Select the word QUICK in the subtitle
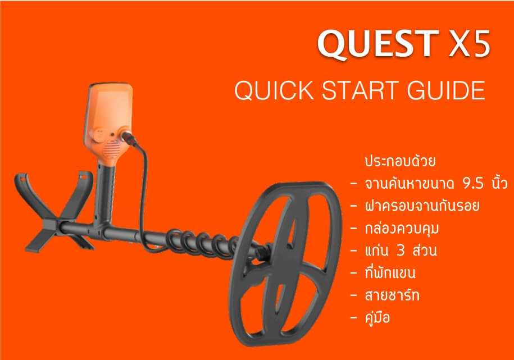click(274, 90)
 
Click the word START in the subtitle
click(360, 90)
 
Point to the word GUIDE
click(446, 90)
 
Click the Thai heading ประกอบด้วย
click(401, 161)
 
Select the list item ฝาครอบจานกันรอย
click(422, 206)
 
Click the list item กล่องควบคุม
click(402, 229)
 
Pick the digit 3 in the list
click(401, 251)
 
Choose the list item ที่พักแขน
click(390, 273)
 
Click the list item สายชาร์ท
click(392, 295)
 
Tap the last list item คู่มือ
click(377, 317)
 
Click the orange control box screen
click(109, 108)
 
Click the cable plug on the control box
click(129, 138)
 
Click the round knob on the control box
click(98, 135)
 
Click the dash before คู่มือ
click(353, 318)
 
